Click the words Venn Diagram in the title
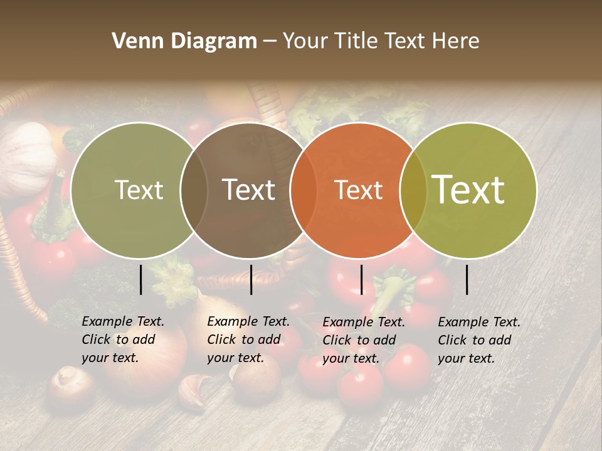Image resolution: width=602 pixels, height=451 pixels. pos(184,41)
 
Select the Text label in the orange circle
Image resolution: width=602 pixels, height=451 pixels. pos(359,190)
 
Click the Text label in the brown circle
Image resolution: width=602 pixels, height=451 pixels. pos(249,190)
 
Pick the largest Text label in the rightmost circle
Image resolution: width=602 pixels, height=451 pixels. pos(468,189)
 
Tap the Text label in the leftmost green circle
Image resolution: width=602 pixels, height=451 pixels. pos(139,190)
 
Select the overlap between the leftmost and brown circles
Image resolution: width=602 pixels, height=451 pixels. pos(194,190)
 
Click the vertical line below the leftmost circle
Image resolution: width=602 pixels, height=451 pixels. pos(141,279)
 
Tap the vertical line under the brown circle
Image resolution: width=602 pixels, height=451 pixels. pos(251,279)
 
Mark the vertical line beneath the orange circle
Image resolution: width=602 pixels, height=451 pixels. pos(361,279)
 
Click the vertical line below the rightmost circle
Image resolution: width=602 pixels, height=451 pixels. pos(467,279)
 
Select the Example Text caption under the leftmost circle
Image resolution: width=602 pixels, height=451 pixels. pos(123,340)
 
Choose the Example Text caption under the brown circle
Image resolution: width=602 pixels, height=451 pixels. pos(248,340)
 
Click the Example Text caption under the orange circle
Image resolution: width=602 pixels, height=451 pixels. pos(364,340)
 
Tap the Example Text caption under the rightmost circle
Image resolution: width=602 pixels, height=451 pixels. pos(479,340)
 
